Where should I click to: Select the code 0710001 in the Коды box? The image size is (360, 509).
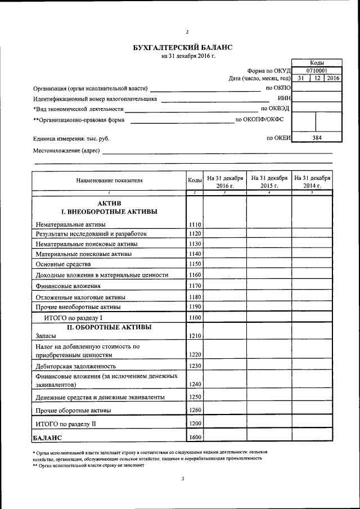(x=317, y=71)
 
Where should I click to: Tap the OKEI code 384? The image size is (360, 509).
(x=317, y=137)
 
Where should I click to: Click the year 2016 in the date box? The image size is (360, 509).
(x=333, y=79)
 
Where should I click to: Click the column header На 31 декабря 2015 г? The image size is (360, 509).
(x=269, y=181)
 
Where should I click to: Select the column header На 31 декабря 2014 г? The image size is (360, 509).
(x=312, y=181)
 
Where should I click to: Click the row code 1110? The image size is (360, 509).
(x=195, y=224)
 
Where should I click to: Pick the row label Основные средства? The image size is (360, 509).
(x=62, y=264)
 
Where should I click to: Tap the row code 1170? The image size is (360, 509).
(x=195, y=286)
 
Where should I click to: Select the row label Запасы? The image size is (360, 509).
(x=47, y=336)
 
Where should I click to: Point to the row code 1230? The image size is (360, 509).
(x=195, y=366)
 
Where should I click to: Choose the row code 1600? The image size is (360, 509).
(x=195, y=437)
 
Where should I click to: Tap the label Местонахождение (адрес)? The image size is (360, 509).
(x=66, y=151)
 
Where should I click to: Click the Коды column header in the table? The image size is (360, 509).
(x=195, y=181)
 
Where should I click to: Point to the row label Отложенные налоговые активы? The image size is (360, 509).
(x=80, y=297)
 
